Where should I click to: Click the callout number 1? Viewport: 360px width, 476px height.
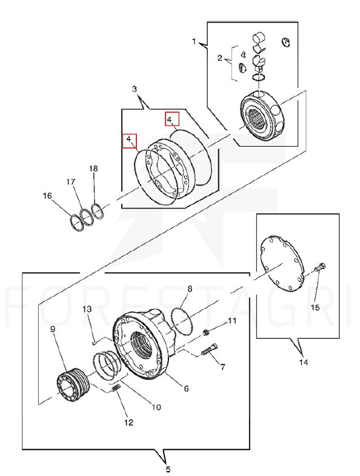point(195,42)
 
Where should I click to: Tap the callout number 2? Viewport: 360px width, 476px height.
point(220,58)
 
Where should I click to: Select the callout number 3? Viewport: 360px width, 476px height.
point(135,89)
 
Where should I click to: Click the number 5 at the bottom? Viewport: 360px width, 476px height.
point(168,469)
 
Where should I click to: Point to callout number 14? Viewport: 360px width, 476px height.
point(304,362)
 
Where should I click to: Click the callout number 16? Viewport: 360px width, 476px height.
point(47,196)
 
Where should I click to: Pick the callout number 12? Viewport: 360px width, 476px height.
point(128,423)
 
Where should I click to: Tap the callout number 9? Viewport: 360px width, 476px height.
point(53,329)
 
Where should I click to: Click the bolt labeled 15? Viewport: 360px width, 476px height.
point(320,267)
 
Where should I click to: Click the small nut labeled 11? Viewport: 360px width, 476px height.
point(206,332)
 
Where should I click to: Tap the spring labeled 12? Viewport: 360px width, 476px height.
point(116,388)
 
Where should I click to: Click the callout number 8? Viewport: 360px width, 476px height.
point(190,289)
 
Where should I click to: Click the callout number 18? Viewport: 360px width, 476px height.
point(93,169)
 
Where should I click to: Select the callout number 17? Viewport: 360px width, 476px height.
point(71,182)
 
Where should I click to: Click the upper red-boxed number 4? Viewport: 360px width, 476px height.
point(172,119)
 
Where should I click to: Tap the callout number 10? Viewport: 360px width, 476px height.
point(156,407)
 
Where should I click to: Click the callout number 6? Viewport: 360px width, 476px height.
point(187,389)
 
